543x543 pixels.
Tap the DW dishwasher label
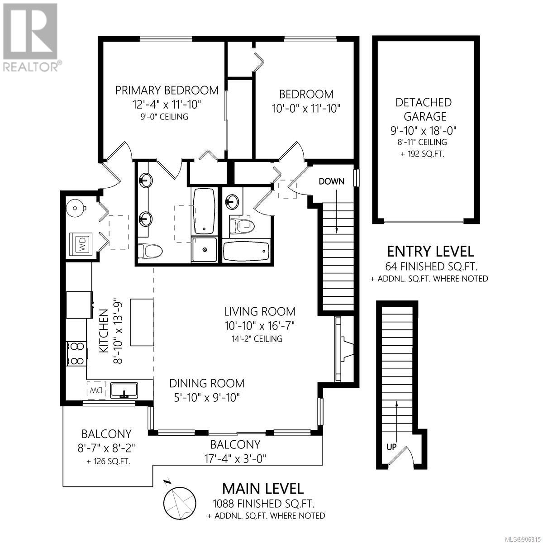click(x=95, y=391)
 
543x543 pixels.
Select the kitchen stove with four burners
click(x=76, y=353)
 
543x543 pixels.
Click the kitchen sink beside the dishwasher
click(x=124, y=390)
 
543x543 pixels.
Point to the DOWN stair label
click(x=331, y=181)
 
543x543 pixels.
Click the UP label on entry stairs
click(x=391, y=447)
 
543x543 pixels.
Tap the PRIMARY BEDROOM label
click(x=167, y=90)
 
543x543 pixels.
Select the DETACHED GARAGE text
click(x=424, y=110)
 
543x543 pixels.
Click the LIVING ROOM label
click(x=260, y=311)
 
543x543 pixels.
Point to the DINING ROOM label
click(x=207, y=383)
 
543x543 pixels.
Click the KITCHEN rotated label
click(x=104, y=331)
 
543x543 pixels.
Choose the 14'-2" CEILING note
click(x=257, y=338)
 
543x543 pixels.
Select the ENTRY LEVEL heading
click(x=430, y=251)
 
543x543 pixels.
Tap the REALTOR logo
click(x=31, y=37)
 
